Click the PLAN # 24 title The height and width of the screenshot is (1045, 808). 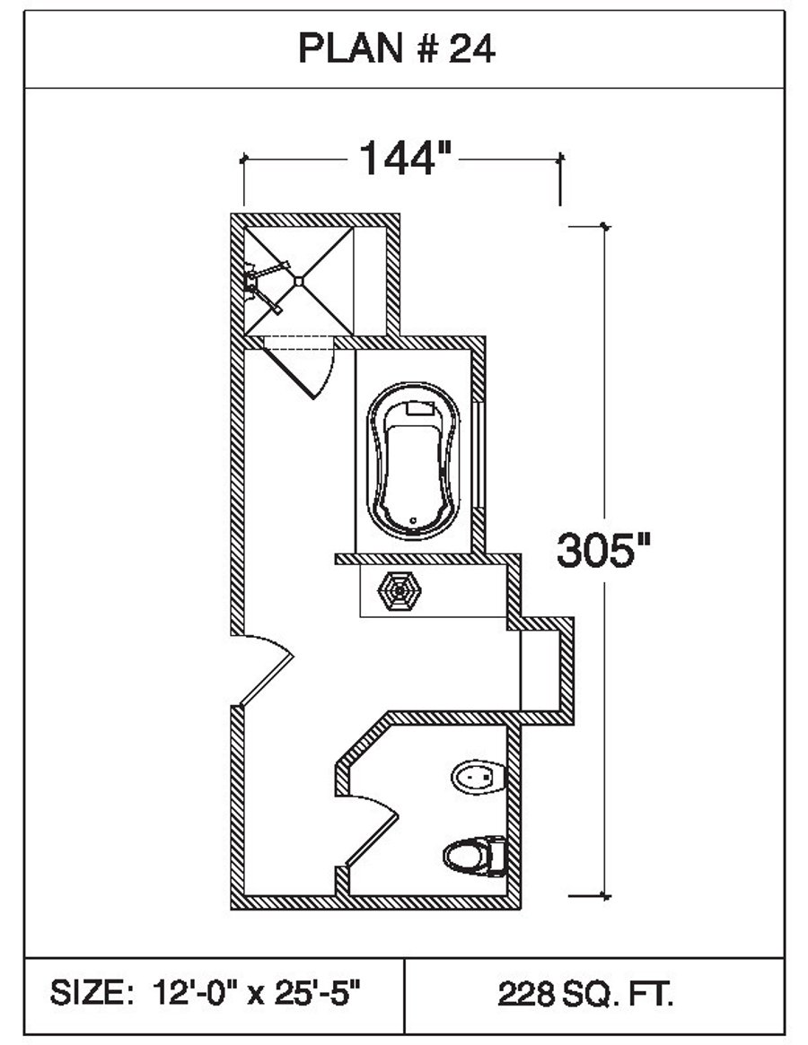click(396, 48)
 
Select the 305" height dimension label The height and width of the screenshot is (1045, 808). click(603, 551)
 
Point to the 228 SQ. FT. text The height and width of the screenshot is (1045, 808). click(585, 995)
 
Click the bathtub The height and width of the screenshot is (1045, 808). click(414, 461)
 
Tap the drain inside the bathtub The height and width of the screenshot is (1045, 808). click(413, 520)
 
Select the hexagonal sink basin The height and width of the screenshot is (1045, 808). click(399, 590)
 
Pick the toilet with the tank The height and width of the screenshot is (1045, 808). click(475, 856)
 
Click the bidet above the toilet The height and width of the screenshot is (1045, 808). click(479, 777)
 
